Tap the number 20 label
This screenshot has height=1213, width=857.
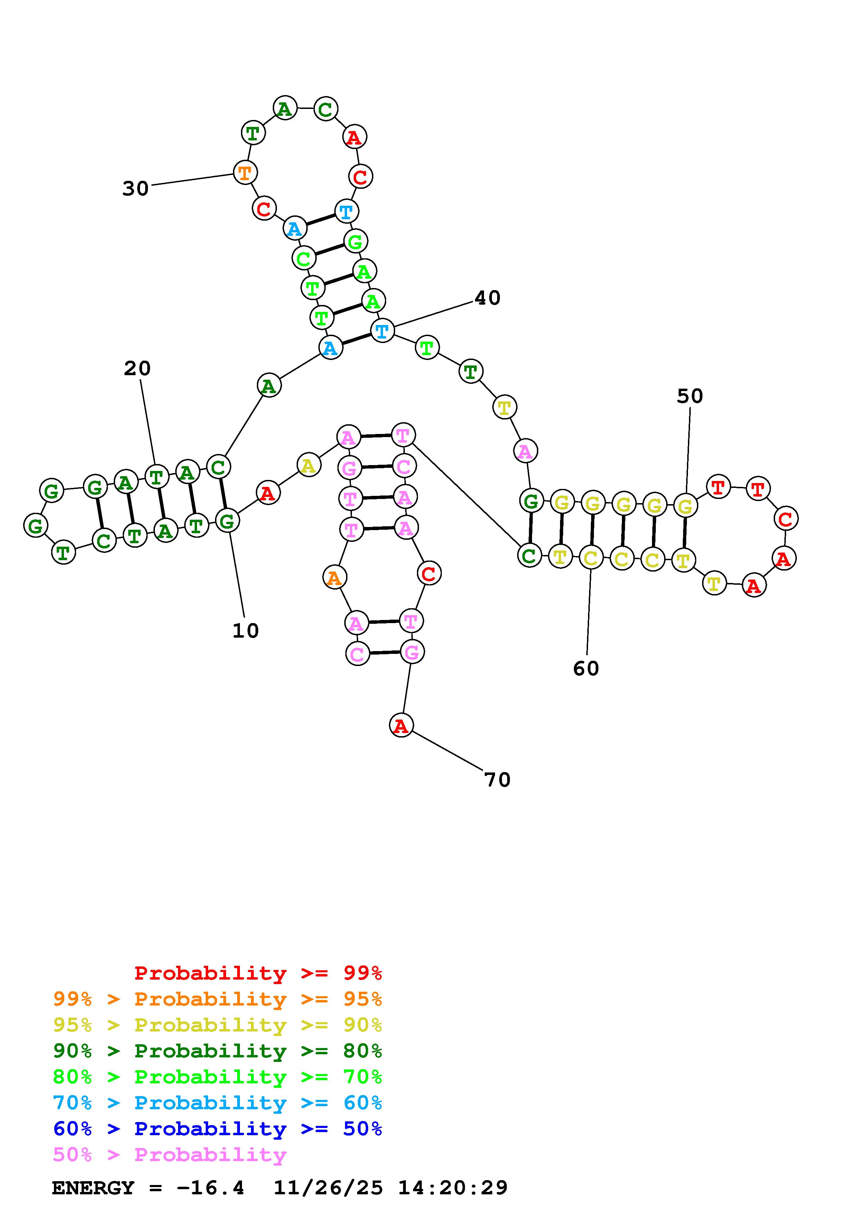(137, 368)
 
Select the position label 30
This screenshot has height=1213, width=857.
(135, 188)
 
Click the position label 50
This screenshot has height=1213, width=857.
(690, 396)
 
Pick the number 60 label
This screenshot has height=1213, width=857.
(586, 669)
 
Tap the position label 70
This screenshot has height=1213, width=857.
(497, 780)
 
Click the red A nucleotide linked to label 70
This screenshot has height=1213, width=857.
(401, 725)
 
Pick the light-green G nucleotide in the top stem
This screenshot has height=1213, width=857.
(355, 241)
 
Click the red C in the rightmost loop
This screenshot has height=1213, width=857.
(786, 518)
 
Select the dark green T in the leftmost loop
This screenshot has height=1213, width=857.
(63, 553)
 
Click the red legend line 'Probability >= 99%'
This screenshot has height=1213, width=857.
(258, 973)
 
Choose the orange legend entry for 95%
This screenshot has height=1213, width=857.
(217, 999)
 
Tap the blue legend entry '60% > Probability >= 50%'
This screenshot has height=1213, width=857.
(217, 1129)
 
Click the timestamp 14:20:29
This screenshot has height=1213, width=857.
(453, 1188)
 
